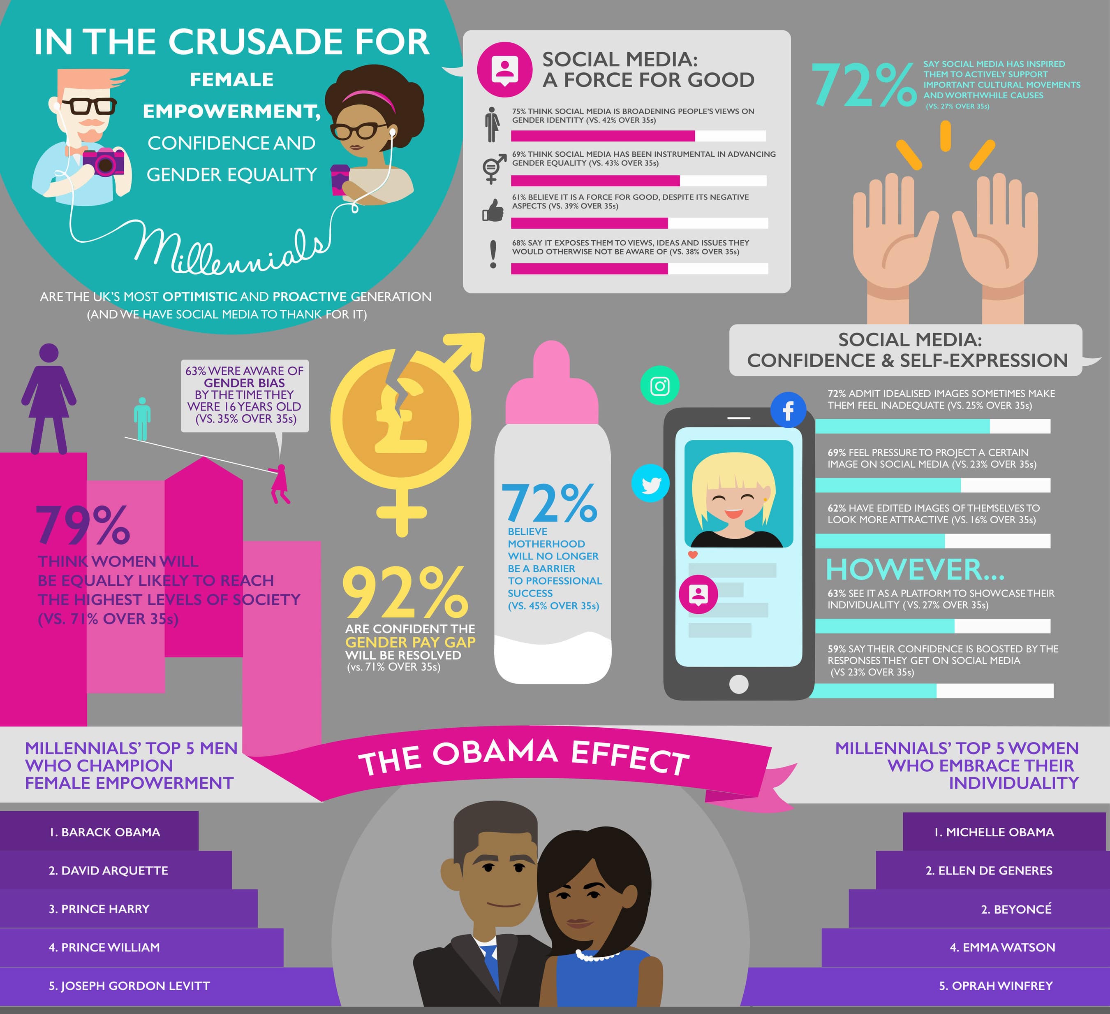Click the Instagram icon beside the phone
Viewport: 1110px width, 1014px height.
click(659, 385)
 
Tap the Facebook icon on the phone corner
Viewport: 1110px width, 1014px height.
click(788, 410)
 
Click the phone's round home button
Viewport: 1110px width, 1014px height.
click(738, 684)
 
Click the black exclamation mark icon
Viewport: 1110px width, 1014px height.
click(493, 254)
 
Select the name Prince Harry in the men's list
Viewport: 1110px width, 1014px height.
click(99, 909)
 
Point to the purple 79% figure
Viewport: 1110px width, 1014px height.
click(83, 526)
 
